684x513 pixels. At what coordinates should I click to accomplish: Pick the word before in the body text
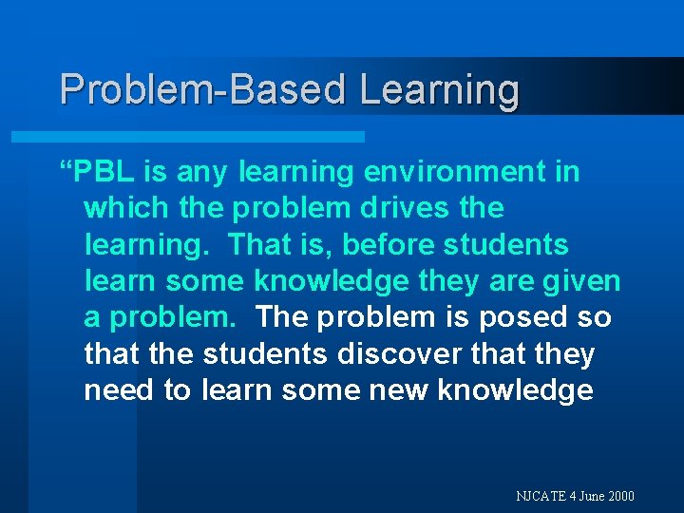pos(383,245)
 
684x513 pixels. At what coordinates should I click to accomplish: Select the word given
pos(580,281)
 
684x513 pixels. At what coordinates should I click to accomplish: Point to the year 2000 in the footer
pos(621,496)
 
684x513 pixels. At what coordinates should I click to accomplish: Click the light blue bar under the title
pos(188,137)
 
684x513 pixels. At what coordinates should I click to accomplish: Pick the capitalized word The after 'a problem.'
pos(281,317)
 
